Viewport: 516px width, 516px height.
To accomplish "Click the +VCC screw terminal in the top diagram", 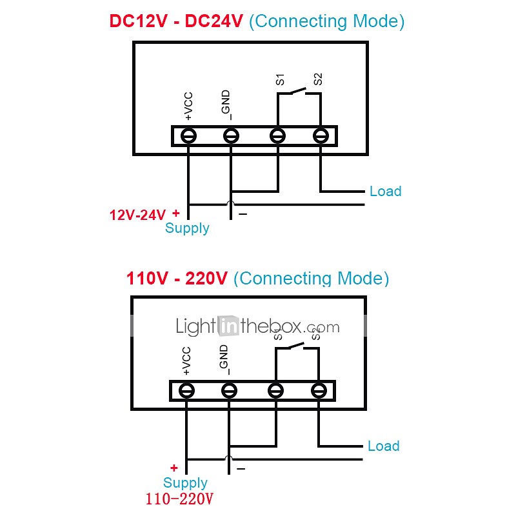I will pos(188,136).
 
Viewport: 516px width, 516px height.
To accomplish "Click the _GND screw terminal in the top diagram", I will pos(230,136).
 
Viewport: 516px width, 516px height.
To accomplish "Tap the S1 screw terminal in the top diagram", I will pos(277,136).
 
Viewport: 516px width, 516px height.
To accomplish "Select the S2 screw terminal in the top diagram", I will pos(321,136).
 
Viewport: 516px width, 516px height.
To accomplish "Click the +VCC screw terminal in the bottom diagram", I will pos(186,391).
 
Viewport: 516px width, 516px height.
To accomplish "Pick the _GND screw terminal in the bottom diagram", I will pos(228,391).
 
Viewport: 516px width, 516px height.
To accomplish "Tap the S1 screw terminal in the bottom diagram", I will pos(275,391).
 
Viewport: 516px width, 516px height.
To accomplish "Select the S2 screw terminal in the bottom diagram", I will pos(318,391).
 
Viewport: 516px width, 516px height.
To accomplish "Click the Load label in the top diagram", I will pos(385,192).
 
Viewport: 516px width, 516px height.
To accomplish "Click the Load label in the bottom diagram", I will pos(383,446).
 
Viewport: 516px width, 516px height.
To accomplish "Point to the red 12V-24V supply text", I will pos(137,215).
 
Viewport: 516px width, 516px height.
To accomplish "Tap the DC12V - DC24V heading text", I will pos(176,21).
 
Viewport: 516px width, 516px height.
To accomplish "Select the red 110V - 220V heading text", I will pos(177,279).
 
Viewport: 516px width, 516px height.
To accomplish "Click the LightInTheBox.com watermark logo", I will pos(257,326).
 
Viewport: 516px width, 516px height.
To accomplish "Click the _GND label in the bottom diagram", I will pos(223,360).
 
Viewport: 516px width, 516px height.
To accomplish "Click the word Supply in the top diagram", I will pos(187,228).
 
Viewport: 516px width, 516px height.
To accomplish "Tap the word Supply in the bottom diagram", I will pos(185,483).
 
